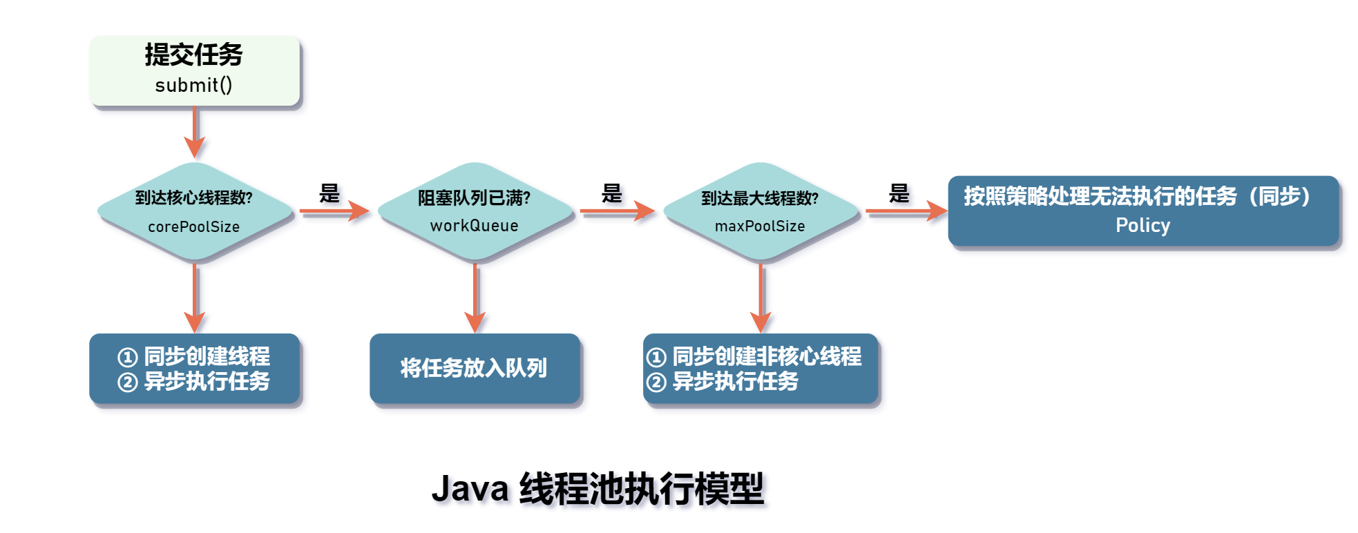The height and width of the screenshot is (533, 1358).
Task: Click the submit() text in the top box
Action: click(x=193, y=85)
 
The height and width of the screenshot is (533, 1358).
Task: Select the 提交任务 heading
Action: click(x=193, y=55)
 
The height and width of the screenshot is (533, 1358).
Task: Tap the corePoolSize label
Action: click(x=193, y=226)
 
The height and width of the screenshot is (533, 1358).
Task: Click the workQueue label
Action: click(x=474, y=226)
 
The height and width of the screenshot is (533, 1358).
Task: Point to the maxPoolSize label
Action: click(x=760, y=226)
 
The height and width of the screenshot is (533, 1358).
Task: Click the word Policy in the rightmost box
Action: click(x=1142, y=225)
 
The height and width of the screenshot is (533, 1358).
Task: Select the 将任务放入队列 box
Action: click(x=474, y=368)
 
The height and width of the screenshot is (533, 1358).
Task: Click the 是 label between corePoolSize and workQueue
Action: click(x=329, y=193)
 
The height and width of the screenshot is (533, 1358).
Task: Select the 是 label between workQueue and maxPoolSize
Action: click(x=611, y=193)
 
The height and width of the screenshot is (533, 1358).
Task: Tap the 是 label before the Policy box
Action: click(x=899, y=193)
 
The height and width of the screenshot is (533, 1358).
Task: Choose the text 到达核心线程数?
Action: click(x=193, y=198)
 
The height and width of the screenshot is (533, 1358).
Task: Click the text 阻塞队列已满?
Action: click(x=474, y=198)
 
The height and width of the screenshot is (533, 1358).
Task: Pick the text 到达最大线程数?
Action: click(x=760, y=198)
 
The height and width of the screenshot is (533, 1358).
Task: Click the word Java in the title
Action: click(x=470, y=489)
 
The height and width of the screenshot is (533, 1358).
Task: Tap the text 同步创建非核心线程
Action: click(x=767, y=356)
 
